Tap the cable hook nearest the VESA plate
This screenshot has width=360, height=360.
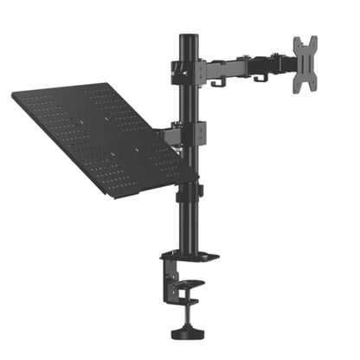click(x=257, y=79)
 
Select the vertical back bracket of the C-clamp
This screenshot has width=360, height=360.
click(x=165, y=277)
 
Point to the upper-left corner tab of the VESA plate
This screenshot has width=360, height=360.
click(x=296, y=42)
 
